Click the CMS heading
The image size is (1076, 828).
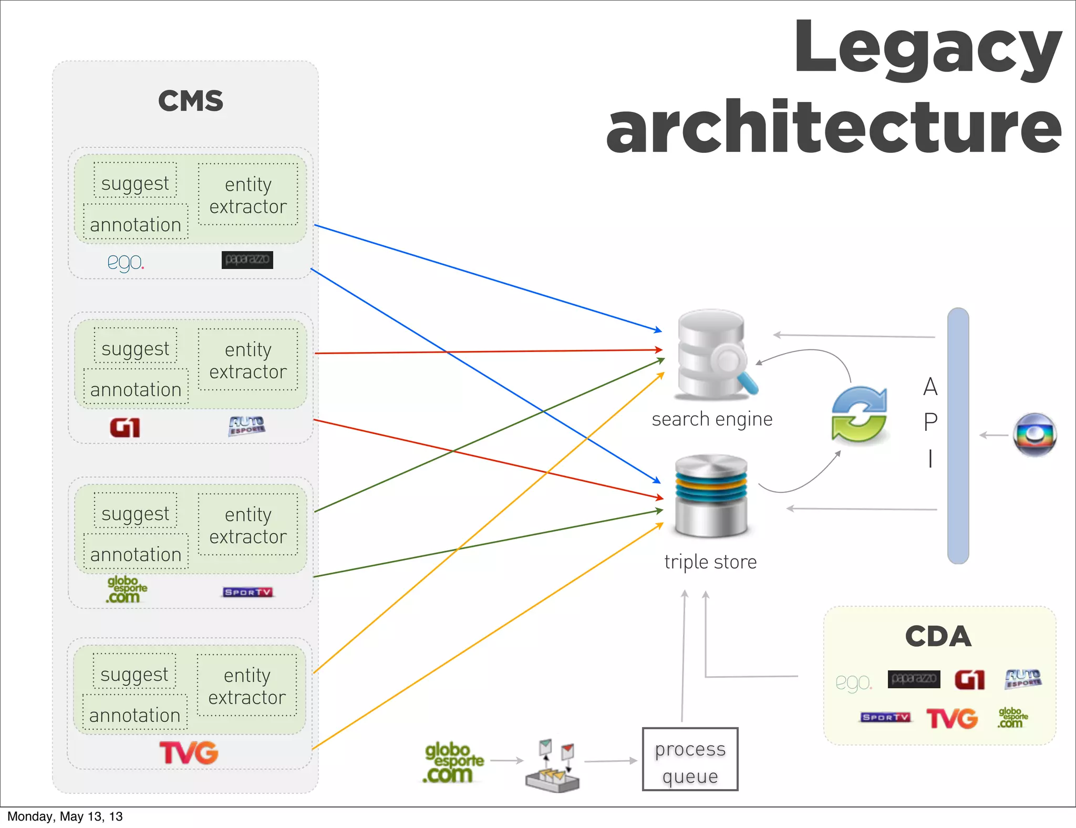(191, 101)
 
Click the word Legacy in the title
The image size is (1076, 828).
(927, 50)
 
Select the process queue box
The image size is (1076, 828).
(690, 759)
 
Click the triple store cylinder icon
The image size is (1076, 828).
(711, 495)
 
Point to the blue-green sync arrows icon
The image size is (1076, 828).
(859, 415)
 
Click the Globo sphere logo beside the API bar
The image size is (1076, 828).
(1034, 434)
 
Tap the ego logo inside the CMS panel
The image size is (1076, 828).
(126, 261)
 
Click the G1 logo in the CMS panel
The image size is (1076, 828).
(125, 428)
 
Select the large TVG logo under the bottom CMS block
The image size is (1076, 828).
(189, 753)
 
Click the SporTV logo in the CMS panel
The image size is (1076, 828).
(247, 592)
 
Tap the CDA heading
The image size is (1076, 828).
(938, 636)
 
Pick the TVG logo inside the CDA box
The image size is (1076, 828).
(952, 718)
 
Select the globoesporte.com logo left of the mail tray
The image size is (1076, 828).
(453, 763)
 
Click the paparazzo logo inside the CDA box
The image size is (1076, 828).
(914, 679)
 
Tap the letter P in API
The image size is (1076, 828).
(930, 422)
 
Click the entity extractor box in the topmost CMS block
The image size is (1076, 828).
(248, 195)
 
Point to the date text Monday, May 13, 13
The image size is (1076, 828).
(65, 816)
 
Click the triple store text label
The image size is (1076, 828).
(710, 562)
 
